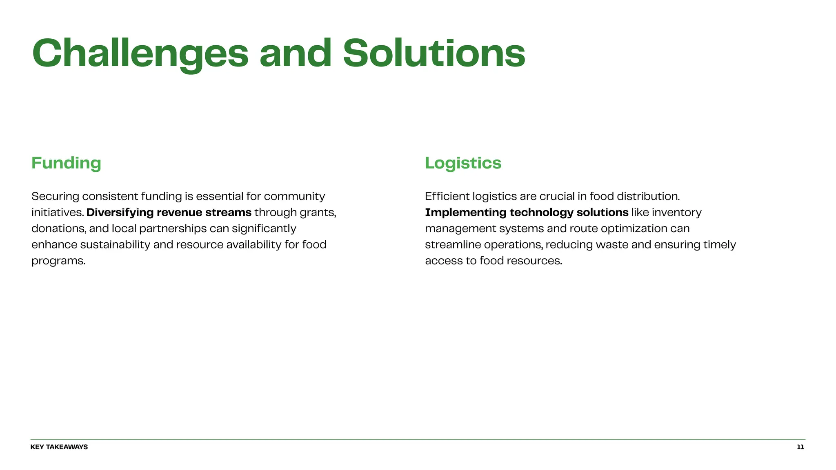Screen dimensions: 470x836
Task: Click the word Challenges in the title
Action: click(140, 53)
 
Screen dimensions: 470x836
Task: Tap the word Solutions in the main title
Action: click(434, 53)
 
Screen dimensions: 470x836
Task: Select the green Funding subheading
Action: click(66, 163)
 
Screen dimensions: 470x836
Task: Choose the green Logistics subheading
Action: click(463, 163)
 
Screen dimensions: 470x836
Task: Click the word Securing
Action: click(55, 196)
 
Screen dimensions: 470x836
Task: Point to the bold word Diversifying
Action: click(120, 213)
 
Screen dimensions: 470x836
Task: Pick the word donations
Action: click(58, 228)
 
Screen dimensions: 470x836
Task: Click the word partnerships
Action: click(173, 228)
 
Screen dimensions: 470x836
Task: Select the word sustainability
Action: click(115, 245)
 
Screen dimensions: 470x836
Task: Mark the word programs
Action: click(58, 261)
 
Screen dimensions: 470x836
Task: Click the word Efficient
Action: click(447, 196)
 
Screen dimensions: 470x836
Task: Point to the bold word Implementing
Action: click(465, 213)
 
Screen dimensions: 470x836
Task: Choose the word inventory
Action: click(676, 213)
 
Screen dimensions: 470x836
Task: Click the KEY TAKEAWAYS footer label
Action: click(59, 447)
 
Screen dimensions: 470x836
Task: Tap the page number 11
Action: click(800, 447)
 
